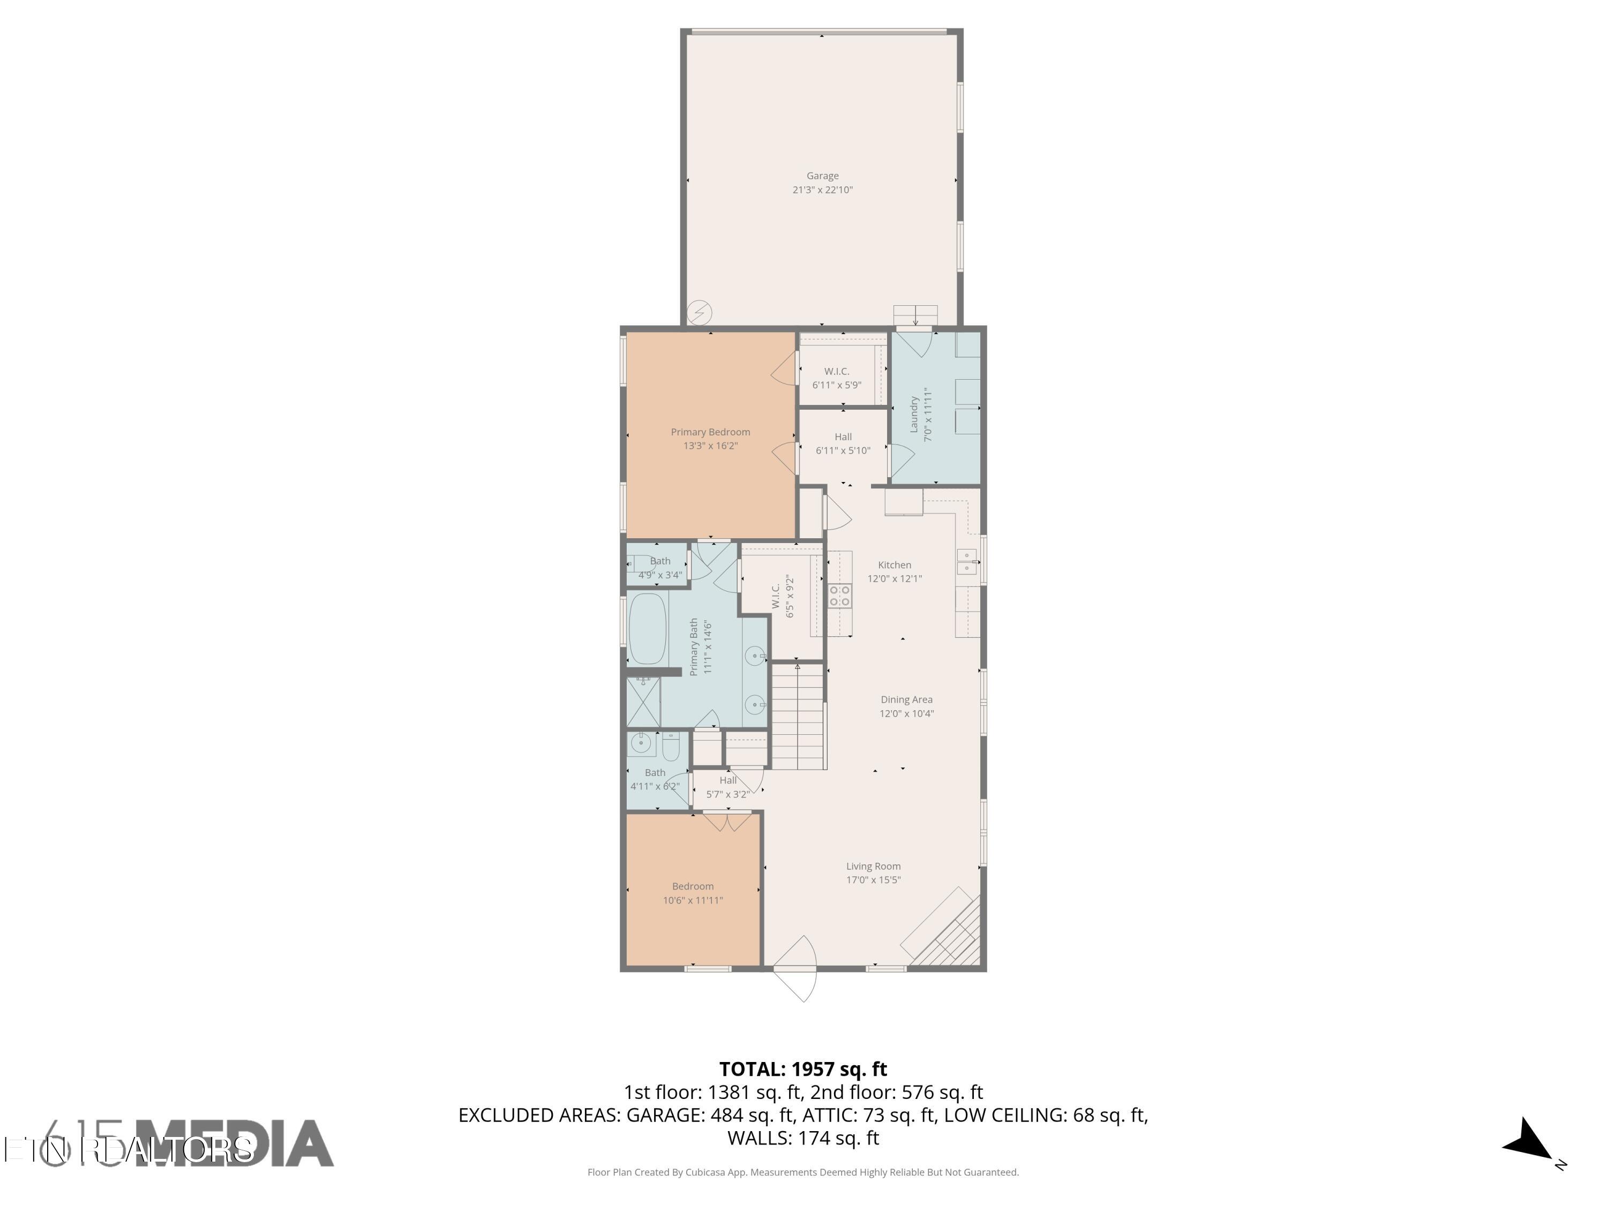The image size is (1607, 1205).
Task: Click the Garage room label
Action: (822, 176)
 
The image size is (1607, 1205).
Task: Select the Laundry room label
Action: (914, 414)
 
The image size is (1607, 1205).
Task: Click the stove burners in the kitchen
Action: (840, 596)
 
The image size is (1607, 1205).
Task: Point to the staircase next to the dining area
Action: (798, 716)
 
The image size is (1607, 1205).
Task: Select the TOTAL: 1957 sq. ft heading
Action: (803, 1069)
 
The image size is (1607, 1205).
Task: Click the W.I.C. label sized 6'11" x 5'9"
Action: (836, 371)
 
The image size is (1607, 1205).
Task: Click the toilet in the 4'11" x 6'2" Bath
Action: (671, 746)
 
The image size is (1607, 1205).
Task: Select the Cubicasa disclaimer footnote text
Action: (803, 1172)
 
